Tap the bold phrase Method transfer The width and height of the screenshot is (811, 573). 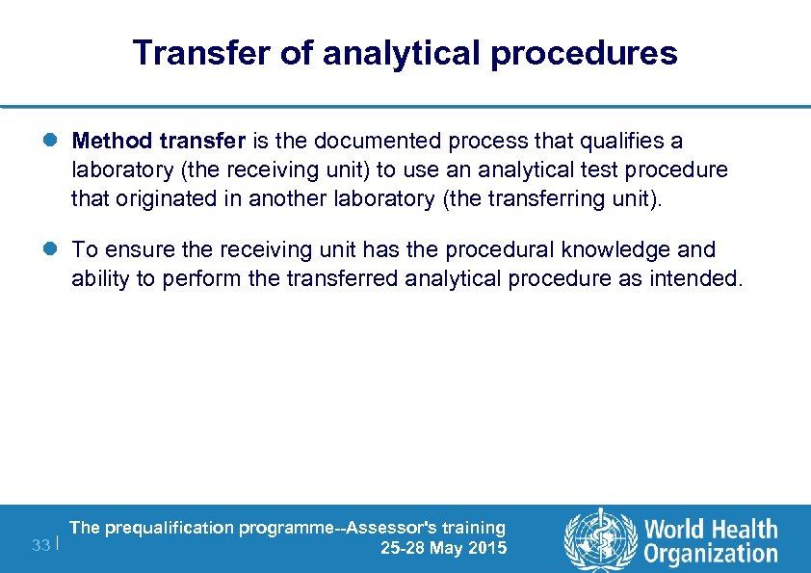[160, 142]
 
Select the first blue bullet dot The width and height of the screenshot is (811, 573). [54, 142]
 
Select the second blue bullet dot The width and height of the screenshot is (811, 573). [54, 249]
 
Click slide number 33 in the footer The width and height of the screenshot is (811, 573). [40, 546]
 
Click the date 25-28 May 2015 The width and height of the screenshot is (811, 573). [443, 549]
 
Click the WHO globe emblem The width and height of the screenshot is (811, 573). [599, 538]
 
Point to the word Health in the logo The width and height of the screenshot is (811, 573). [741, 529]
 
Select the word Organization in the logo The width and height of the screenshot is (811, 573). [711, 553]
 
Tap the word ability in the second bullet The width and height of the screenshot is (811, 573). [96, 280]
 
